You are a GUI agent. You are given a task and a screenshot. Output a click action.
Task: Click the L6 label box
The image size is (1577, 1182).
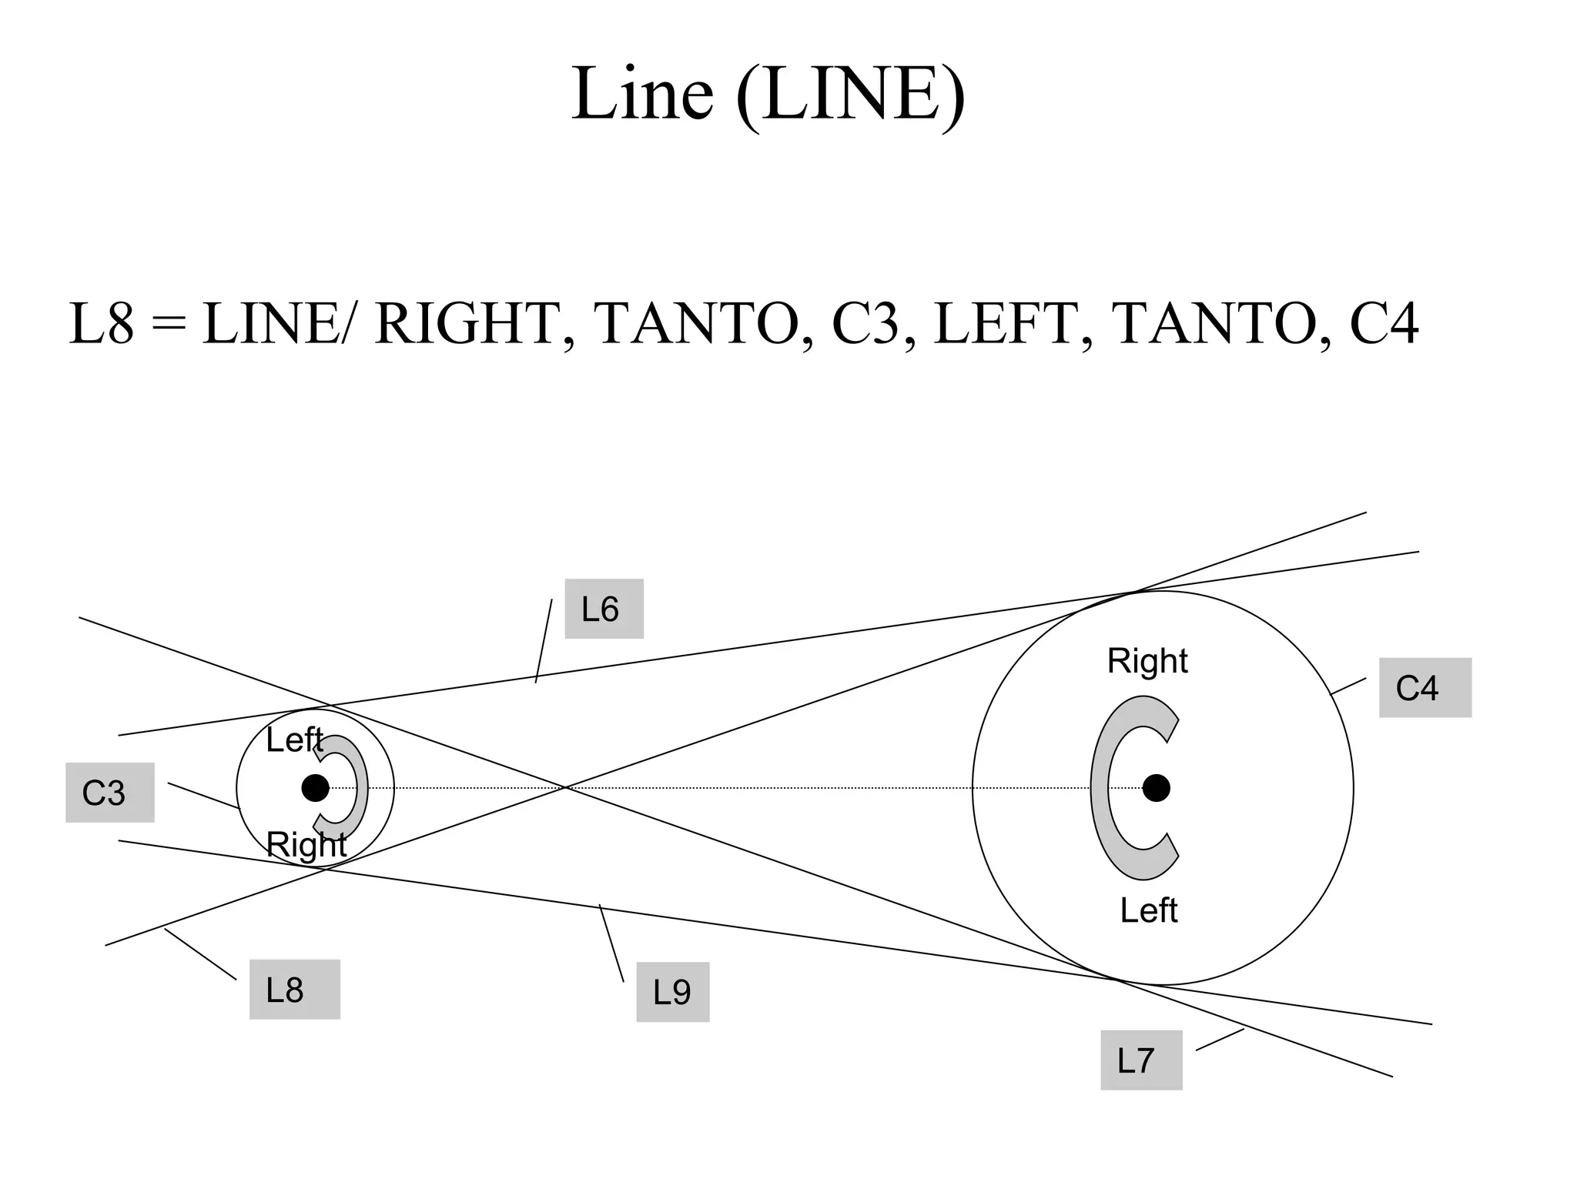pos(604,609)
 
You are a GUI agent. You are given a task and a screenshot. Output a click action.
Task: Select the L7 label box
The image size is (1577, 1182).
pos(1140,1060)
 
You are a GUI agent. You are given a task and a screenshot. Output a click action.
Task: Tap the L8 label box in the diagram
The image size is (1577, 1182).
pos(294,990)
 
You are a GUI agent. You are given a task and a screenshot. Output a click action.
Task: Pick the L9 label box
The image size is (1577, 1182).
pos(672,992)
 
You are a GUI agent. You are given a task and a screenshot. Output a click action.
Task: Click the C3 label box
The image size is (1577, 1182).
pos(109,793)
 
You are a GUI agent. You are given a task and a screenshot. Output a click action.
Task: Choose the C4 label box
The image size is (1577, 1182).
pos(1425,688)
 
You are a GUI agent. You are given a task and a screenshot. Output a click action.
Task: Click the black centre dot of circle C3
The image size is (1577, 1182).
pos(315,788)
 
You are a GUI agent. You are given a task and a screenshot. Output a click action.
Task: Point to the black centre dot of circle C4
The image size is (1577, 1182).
pos(1156,788)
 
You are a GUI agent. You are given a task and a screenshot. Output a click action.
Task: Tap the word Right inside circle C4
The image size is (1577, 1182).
pos(1147,661)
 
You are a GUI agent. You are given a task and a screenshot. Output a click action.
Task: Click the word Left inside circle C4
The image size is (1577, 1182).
pos(1148,910)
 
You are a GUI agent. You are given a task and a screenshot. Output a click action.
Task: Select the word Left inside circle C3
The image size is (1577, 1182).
pos(293,740)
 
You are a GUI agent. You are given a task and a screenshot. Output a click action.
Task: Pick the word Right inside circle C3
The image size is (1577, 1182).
pos(306,845)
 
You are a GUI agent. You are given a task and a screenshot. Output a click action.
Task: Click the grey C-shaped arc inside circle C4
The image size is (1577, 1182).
pos(1102,788)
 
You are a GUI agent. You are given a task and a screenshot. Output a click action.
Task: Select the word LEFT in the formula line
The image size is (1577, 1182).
pos(1004,324)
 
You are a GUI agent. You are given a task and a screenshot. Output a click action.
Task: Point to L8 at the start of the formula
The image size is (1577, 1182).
pos(102,324)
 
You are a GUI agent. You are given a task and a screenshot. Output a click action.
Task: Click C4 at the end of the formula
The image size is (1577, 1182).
pos(1384,324)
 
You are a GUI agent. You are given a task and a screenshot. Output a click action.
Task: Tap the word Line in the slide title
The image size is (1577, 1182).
pos(642,94)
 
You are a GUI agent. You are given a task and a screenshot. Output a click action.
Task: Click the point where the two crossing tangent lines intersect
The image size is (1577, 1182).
pos(566,787)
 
